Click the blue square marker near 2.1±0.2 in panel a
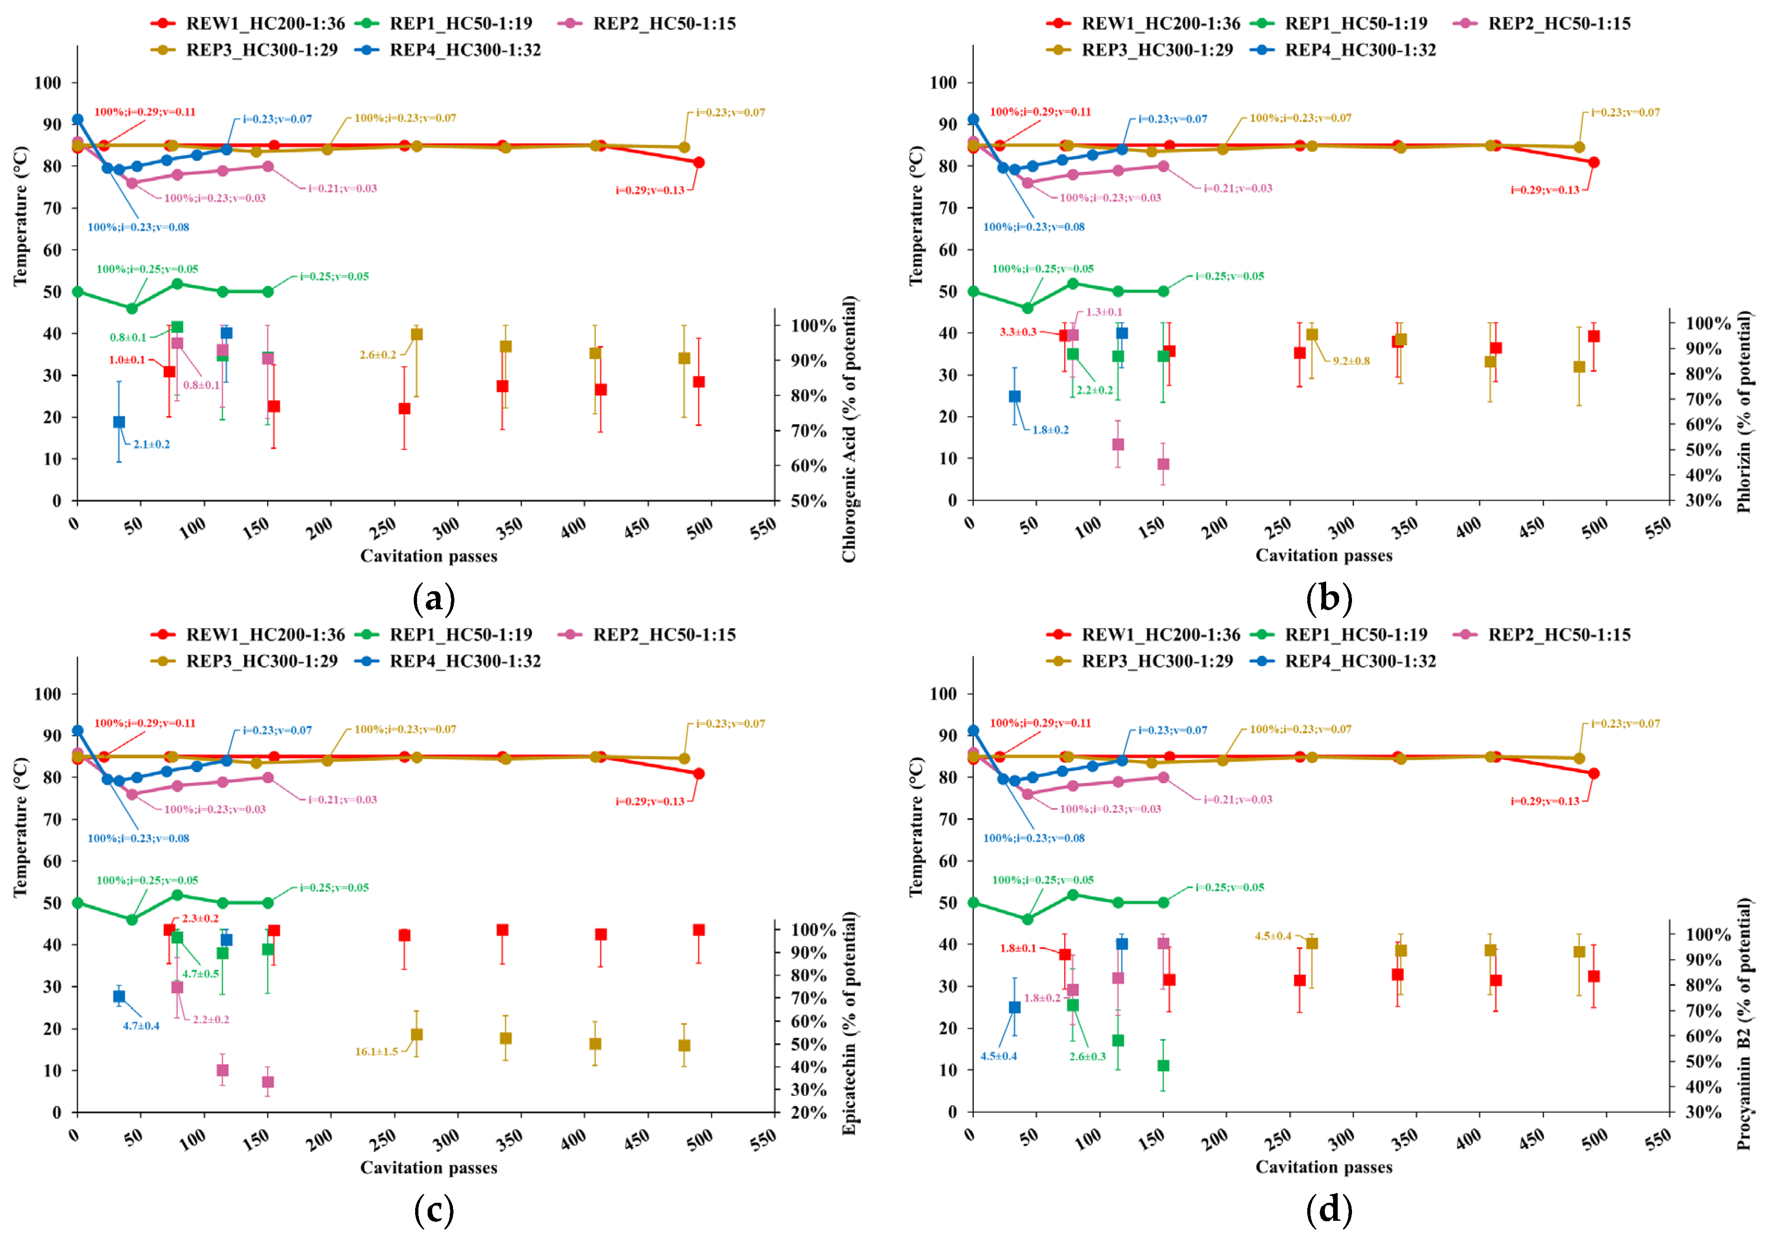pyautogui.click(x=119, y=422)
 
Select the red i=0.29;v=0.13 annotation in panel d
pyautogui.click(x=1545, y=801)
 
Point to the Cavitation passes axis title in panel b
pyautogui.click(x=1324, y=555)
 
